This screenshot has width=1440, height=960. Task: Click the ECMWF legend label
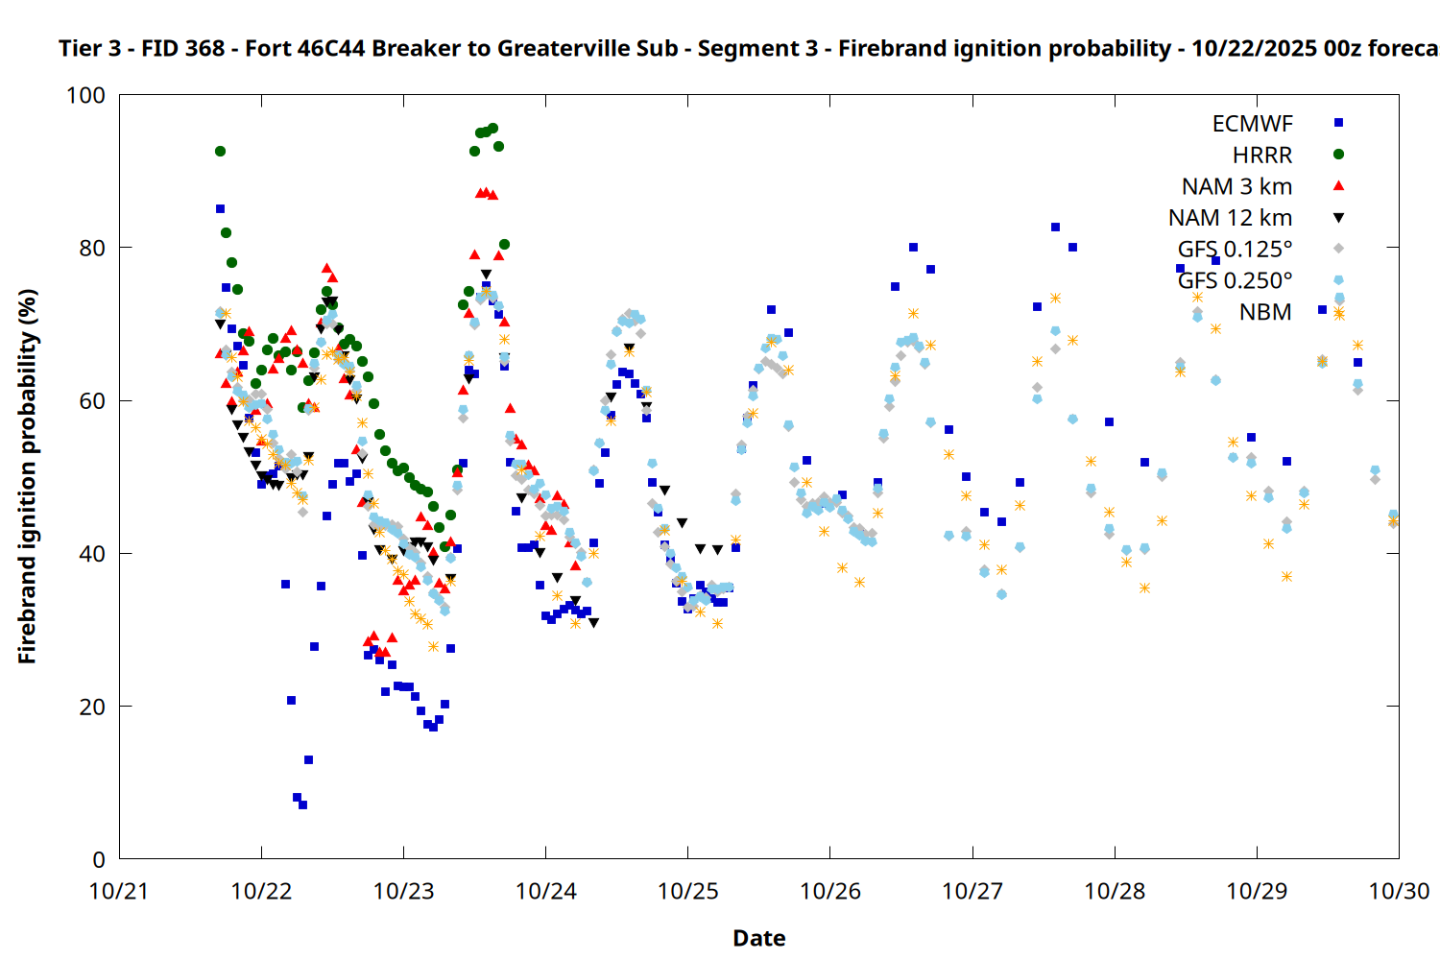point(1252,124)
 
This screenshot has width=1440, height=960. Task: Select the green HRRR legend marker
point(1338,155)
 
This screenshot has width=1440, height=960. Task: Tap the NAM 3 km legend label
point(1236,186)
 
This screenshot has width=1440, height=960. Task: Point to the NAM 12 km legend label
point(1230,218)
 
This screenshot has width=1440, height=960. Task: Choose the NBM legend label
point(1265,312)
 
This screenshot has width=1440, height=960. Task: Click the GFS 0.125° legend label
point(1235,250)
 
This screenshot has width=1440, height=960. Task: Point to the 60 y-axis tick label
point(92,400)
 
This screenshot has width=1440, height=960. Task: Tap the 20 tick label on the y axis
point(92,707)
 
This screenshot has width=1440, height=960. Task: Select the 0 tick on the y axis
point(99,859)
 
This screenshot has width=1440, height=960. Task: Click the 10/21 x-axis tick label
point(119,891)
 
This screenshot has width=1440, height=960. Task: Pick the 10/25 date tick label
point(688,891)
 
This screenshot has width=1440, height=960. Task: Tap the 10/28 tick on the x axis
point(1115,891)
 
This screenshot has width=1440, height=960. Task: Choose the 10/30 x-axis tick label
point(1399,891)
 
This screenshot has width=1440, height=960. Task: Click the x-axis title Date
point(758,938)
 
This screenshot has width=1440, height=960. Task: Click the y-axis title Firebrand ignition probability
point(28,476)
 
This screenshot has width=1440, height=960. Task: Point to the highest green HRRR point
point(492,128)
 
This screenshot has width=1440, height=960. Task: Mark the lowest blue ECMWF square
point(302,804)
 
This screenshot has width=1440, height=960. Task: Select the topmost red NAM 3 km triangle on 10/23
point(481,192)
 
